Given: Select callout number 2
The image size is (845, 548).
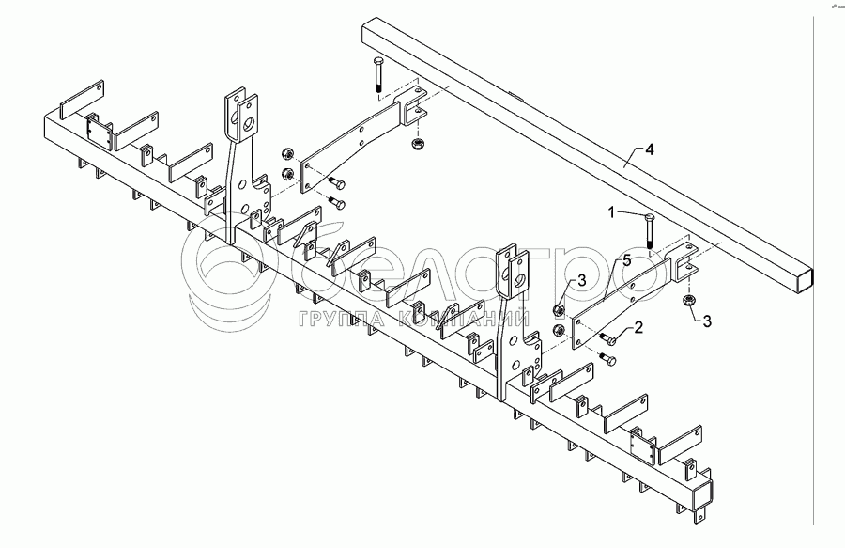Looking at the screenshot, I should tap(638, 326).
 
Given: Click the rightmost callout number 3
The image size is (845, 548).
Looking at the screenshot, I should tap(708, 321).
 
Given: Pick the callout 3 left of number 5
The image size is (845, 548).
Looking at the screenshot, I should tap(581, 281).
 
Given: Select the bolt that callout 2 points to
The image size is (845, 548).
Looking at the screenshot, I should tap(607, 338).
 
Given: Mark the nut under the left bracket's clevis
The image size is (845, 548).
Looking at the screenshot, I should tap(417, 144).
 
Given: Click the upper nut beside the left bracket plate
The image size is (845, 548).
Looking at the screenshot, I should tap(287, 153).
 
